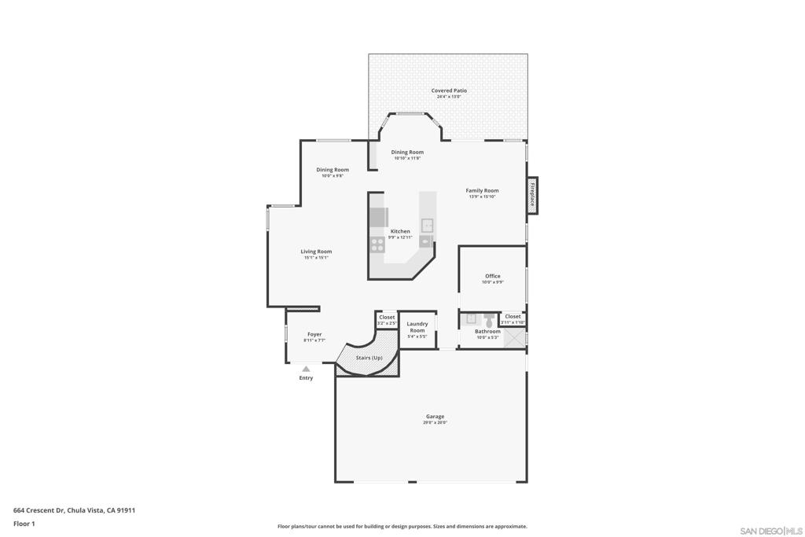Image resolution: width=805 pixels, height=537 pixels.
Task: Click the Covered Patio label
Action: click(448, 90)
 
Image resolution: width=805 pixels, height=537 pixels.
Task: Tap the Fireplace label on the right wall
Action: click(532, 194)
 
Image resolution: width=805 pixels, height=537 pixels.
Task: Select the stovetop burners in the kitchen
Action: click(377, 244)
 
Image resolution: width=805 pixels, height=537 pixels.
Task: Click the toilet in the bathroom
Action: click(488, 320)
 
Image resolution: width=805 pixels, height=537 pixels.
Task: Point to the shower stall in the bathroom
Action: click(515, 337)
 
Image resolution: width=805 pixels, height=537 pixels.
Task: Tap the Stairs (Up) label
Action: click(369, 358)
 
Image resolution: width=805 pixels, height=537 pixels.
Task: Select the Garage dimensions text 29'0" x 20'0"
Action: click(435, 423)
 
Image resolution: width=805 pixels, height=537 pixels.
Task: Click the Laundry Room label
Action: click(417, 327)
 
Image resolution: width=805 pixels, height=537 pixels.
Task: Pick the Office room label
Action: click(492, 276)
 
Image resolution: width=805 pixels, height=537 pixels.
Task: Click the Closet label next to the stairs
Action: click(387, 318)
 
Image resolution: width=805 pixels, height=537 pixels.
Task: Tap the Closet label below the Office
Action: click(513, 317)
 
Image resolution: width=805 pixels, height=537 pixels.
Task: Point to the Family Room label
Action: click(482, 190)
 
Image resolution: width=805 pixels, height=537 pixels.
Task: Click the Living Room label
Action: click(316, 252)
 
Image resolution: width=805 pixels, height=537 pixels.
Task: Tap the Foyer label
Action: click(314, 334)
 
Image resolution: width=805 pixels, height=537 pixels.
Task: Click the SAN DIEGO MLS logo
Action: click(771, 531)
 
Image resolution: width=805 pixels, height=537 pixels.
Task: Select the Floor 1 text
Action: click(24, 524)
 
